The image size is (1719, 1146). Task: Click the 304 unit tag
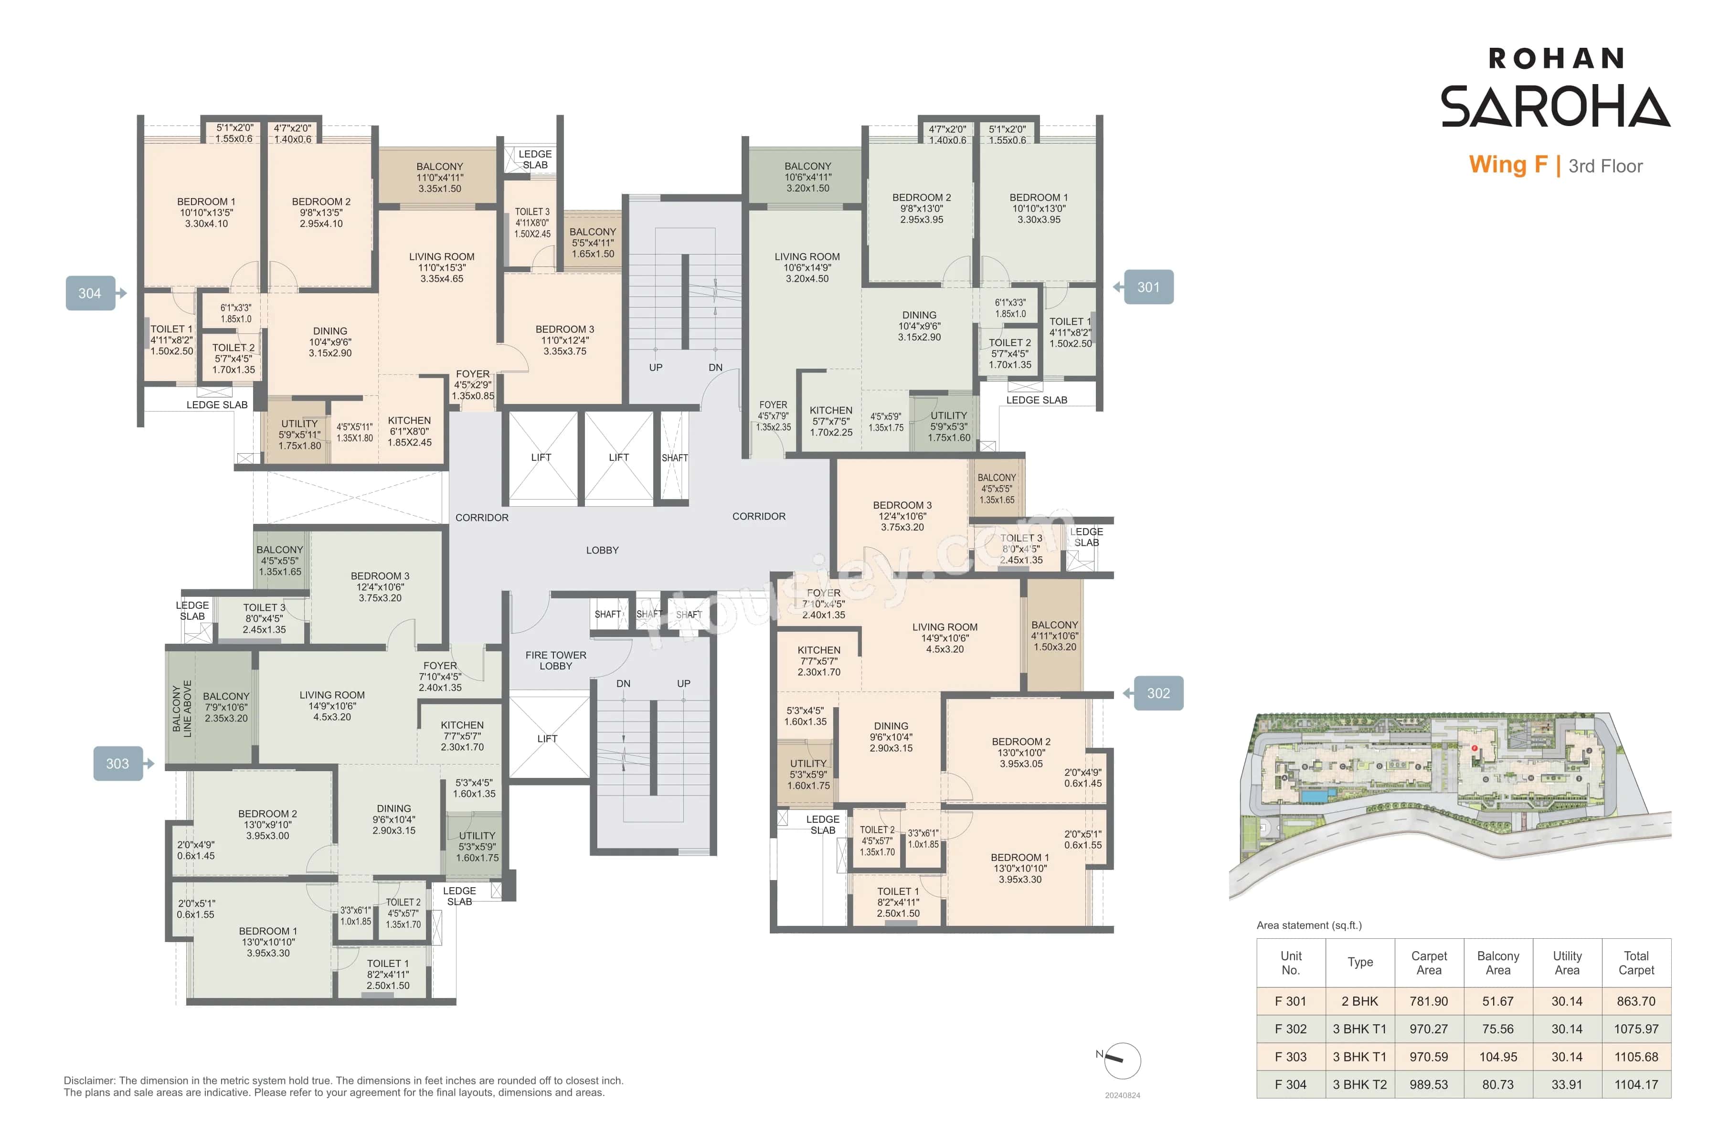coord(90,293)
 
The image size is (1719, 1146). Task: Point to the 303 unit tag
coord(117,764)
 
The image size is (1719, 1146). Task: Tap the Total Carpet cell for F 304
coord(1636,1084)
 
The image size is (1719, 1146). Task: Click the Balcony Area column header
coord(1497,963)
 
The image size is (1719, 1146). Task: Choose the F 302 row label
coord(1290,1029)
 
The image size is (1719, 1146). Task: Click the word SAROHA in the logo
coord(1555,106)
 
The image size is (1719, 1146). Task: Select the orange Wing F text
coord(1508,165)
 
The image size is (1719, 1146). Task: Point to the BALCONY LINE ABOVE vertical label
coord(182,709)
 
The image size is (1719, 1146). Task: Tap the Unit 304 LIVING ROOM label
coord(441,267)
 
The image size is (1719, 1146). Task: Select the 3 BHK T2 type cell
coord(1359,1084)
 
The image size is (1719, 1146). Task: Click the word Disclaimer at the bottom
coord(89,1080)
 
